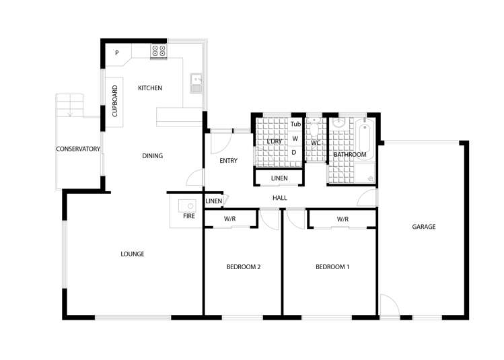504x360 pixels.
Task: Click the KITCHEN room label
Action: click(150, 88)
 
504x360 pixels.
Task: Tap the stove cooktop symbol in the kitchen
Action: click(159, 50)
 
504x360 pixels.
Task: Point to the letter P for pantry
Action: click(116, 53)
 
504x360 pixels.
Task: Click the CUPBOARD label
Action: click(114, 102)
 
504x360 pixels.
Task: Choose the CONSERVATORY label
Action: click(78, 149)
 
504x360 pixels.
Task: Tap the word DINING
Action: click(153, 156)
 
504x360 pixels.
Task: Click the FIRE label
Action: click(189, 216)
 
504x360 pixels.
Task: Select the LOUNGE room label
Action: click(133, 254)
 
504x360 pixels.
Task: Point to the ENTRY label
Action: click(229, 161)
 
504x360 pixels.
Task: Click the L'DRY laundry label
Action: click(273, 141)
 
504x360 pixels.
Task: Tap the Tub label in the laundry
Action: click(295, 124)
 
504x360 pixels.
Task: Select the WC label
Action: click(316, 143)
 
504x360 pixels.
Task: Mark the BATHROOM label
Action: click(350, 155)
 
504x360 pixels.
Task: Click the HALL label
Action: click(280, 198)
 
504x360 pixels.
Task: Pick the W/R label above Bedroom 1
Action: click(343, 219)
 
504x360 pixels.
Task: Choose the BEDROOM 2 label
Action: click(244, 267)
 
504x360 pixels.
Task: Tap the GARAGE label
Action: click(424, 227)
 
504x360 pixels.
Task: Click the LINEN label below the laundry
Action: click(279, 178)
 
